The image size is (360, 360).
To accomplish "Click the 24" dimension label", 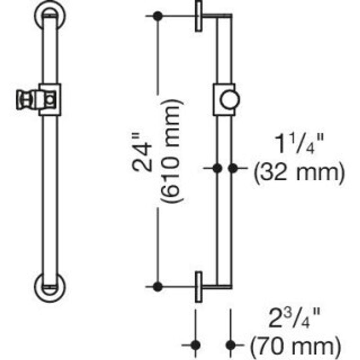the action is (143, 152).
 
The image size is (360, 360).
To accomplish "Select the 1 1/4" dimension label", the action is (299, 144).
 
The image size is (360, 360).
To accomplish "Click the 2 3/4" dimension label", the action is (294, 318).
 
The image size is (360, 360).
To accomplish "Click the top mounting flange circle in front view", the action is (50, 15).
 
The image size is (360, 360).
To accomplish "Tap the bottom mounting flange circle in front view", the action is (50, 287).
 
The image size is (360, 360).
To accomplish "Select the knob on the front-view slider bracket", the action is (26, 99).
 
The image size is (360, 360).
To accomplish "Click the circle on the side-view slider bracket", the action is (230, 99).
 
